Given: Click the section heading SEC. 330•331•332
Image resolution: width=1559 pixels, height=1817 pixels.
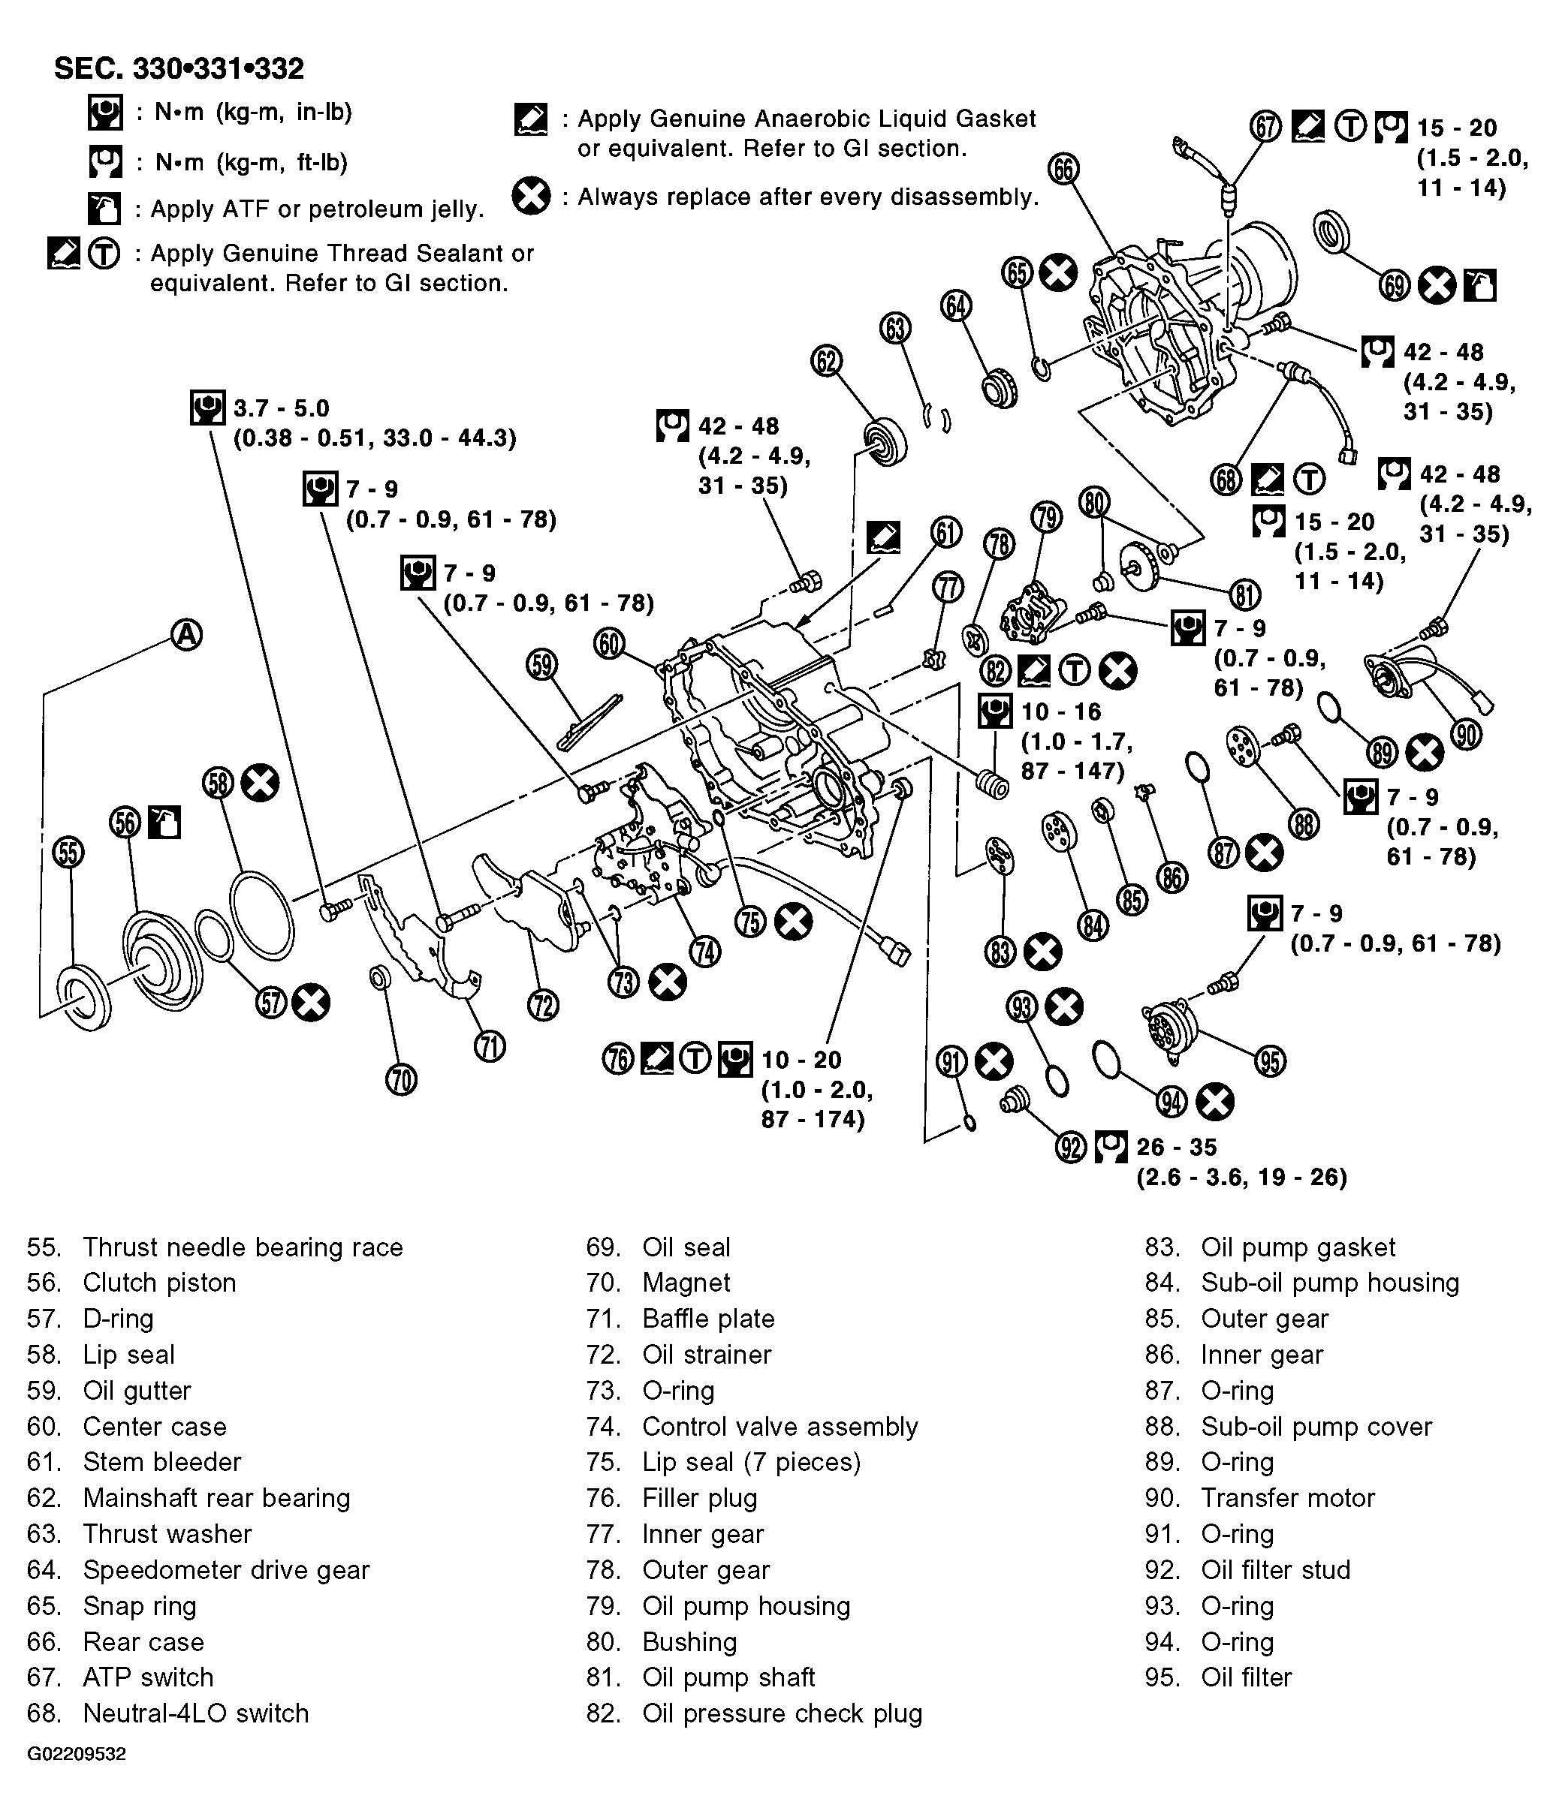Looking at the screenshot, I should pos(179,68).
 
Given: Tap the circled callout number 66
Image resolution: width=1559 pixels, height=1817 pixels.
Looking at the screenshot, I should pos(1063,170).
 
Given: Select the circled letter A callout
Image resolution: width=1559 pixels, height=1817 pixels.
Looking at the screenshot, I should pos(186,634).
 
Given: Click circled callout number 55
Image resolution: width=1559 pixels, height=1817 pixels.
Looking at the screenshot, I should pos(68,852).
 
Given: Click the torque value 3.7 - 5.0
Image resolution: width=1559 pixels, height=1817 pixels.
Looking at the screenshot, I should pos(281,408).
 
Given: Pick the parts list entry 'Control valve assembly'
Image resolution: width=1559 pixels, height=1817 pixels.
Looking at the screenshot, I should pos(779,1426).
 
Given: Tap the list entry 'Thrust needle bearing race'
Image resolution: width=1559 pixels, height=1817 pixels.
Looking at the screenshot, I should pos(242,1247).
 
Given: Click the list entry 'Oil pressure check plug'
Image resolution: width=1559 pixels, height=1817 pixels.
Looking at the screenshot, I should pos(782,1713).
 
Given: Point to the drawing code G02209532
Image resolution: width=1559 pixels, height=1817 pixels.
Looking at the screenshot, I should pos(77,1754).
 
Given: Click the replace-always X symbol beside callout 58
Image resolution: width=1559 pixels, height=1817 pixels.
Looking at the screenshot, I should pos(261,782).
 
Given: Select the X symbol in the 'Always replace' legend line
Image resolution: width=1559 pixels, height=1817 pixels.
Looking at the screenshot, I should pos(532,196).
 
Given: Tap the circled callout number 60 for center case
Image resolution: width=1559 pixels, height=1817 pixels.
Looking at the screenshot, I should pos(609,644).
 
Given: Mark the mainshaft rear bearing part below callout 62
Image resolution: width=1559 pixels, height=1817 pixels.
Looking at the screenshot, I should pos(885,441).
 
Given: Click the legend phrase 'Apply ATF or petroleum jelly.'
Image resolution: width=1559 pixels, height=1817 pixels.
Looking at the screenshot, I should pos(317,209).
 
